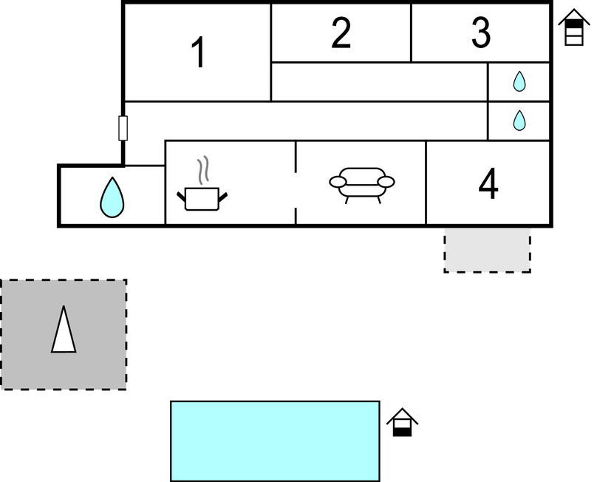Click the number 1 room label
click(x=198, y=53)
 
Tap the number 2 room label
click(x=341, y=33)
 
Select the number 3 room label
click(x=481, y=33)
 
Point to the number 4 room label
click(x=488, y=185)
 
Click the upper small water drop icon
click(x=519, y=81)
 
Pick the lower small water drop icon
click(x=519, y=120)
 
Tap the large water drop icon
click(x=112, y=197)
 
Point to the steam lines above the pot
click(x=205, y=169)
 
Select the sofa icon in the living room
click(x=361, y=183)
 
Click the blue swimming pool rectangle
click(x=275, y=441)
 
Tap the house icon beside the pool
click(x=402, y=422)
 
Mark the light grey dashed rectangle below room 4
click(x=487, y=251)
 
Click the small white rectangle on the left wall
click(x=123, y=128)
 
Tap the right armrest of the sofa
click(x=386, y=182)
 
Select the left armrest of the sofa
click(x=336, y=182)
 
